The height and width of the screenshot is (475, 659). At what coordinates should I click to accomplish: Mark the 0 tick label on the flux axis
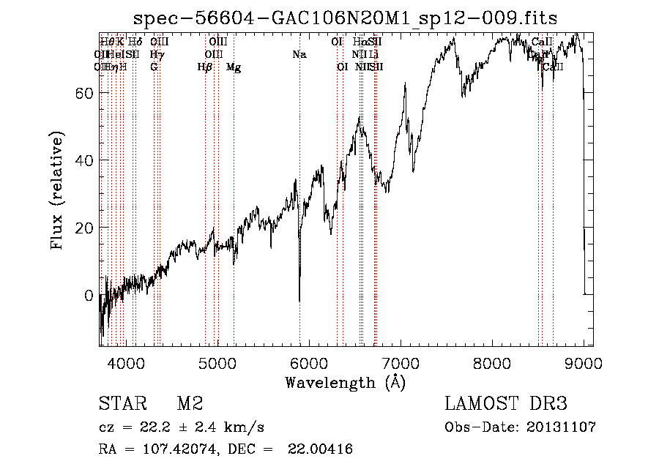click(89, 296)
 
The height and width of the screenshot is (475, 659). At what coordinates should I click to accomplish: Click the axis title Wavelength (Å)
click(345, 382)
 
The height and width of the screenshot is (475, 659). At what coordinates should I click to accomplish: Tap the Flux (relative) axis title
click(58, 190)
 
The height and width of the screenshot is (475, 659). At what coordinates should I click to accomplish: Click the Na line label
click(299, 55)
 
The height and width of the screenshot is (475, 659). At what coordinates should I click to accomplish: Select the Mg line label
click(234, 67)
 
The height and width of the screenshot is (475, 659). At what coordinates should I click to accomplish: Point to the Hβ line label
click(205, 67)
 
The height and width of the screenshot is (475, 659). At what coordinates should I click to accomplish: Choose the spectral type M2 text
click(190, 404)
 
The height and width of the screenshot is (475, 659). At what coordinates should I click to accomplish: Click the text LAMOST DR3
click(506, 404)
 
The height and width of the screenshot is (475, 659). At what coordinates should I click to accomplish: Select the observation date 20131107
click(562, 427)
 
